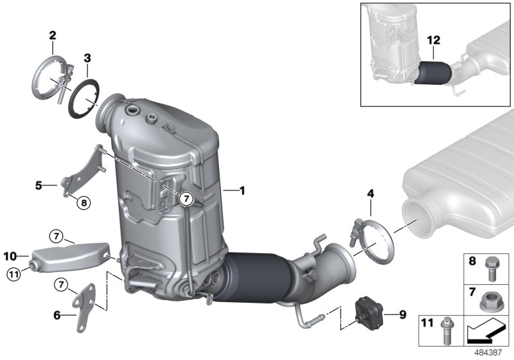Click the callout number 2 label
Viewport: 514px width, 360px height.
coord(53,35)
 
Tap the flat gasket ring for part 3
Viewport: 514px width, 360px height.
coord(85,97)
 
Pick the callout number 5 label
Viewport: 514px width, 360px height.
coord(39,186)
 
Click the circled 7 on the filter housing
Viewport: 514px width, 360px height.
coord(185,199)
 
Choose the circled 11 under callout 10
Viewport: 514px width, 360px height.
coord(13,275)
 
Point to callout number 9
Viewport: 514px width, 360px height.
coord(402,314)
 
